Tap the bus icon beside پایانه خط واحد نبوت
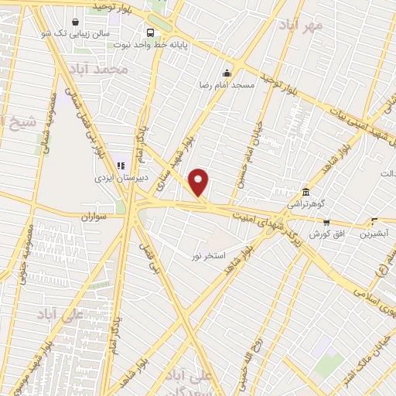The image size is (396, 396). tap(150, 33)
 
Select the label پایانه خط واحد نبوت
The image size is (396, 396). tap(197, 45)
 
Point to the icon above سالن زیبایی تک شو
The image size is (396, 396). tap(74, 22)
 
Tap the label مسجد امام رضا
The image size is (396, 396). tap(226, 82)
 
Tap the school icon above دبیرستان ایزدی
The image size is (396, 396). tap(121, 165)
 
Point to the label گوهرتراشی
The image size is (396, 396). tap(308, 204)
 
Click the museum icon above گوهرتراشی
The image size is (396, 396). tap(306, 192)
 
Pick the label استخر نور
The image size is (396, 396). tap(210, 255)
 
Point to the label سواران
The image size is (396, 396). tap(94, 217)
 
